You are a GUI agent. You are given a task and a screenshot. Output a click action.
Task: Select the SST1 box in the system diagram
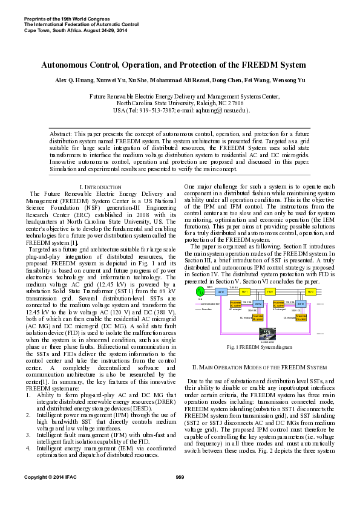click(x=221, y=292)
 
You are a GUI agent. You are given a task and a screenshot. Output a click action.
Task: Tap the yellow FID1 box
click(x=245, y=292)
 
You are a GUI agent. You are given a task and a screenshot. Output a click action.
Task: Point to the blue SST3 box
click(x=301, y=303)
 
